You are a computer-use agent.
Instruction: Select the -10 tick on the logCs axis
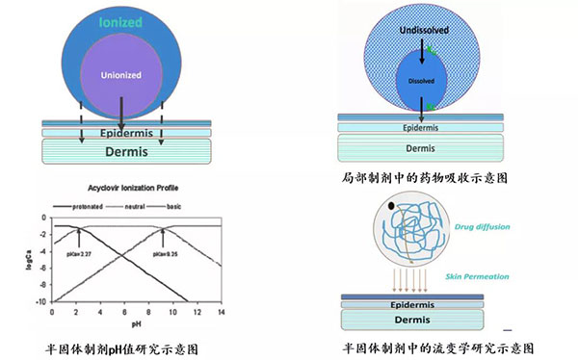[x=39, y=301]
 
